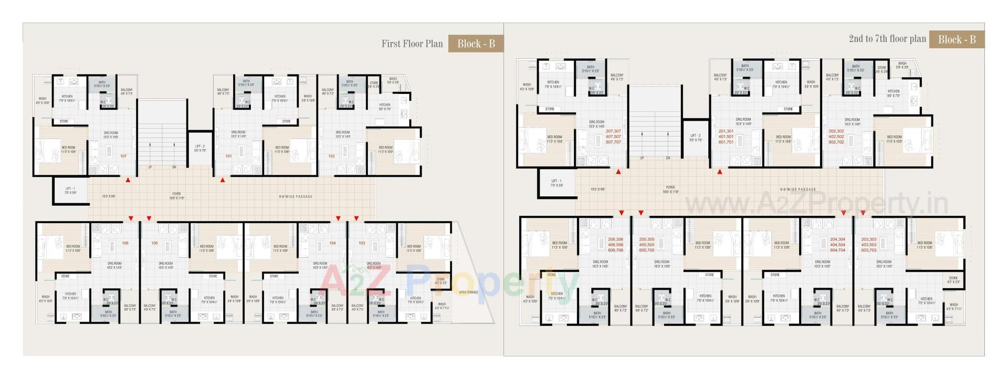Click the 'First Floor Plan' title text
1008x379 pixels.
(412, 44)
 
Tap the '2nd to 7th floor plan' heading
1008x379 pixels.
(887, 39)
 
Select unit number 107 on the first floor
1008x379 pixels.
(123, 156)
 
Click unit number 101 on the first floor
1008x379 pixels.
(228, 156)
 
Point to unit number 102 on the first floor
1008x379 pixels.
(331, 156)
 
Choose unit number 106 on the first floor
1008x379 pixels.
(125, 243)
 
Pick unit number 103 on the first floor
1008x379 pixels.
(362, 243)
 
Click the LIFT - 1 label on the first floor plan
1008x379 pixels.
(70, 191)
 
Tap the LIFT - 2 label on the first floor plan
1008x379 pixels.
(200, 149)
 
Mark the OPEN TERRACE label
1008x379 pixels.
(468, 292)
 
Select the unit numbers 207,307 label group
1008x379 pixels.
(613, 136)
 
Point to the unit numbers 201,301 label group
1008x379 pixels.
(726, 136)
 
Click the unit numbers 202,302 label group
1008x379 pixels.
(836, 136)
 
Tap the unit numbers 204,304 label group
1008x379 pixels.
(837, 245)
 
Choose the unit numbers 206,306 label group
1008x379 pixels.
(615, 245)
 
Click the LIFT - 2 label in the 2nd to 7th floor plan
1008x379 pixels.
(695, 138)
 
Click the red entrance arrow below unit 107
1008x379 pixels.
(128, 180)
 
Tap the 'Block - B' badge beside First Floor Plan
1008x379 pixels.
(476, 44)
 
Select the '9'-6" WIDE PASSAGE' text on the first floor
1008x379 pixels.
(295, 197)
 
